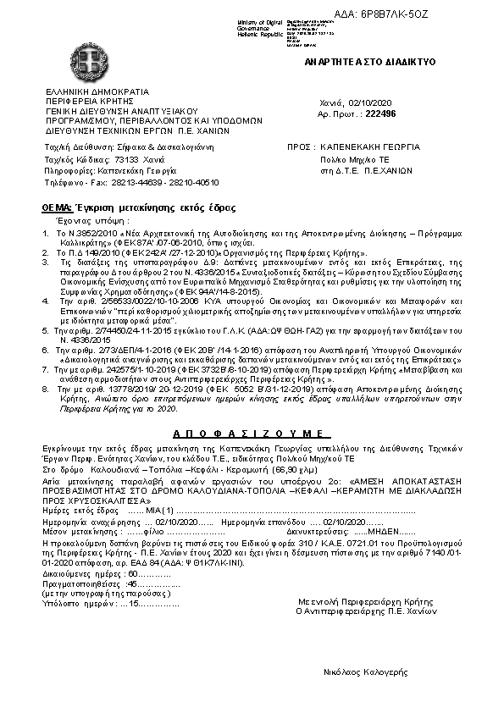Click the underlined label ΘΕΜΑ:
coord(57,207)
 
